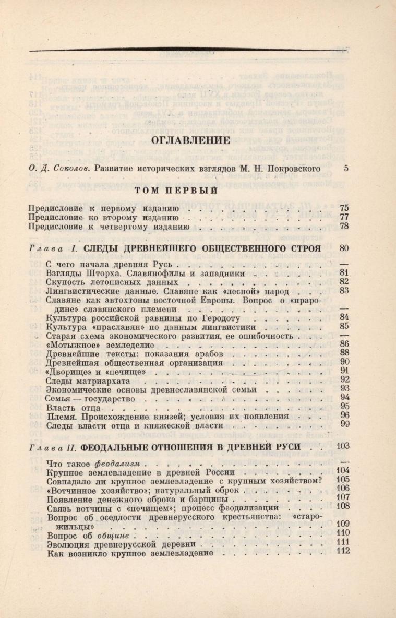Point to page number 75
click(344, 208)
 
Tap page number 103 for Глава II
click(343, 446)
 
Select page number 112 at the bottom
click(343, 552)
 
